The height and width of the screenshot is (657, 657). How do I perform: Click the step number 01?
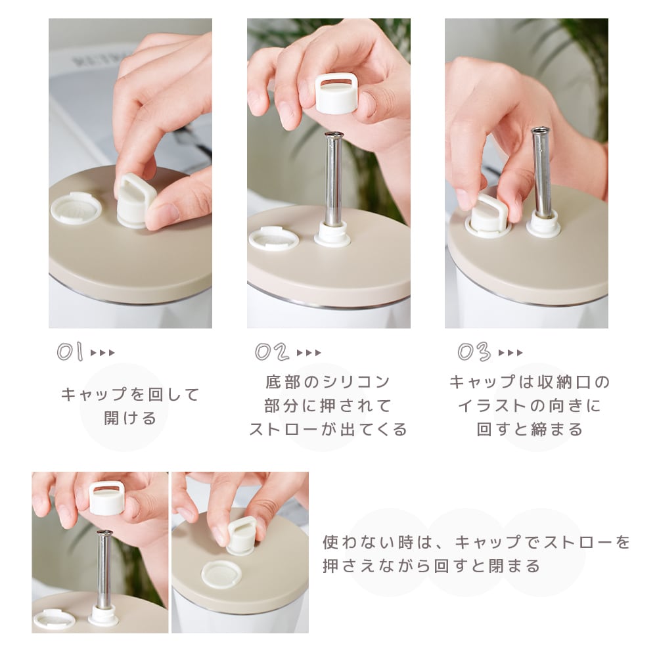click(x=70, y=351)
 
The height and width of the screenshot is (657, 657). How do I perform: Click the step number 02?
click(x=272, y=351)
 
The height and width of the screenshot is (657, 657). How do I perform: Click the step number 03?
click(x=474, y=351)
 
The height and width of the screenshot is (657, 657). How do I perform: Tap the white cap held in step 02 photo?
click(x=336, y=94)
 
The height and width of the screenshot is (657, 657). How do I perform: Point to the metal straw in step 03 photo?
click(x=541, y=172)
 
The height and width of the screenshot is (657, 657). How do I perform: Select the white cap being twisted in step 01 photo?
click(x=136, y=201)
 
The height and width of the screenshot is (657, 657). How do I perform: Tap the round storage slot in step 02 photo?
click(x=273, y=238)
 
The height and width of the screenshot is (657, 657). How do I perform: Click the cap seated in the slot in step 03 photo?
click(x=487, y=215)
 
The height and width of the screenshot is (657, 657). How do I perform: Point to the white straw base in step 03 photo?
click(x=543, y=224)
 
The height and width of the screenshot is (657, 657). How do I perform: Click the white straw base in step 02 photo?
click(x=332, y=235)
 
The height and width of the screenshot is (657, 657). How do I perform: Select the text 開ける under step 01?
click(x=130, y=418)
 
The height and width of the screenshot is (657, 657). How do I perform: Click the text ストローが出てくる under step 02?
click(x=328, y=430)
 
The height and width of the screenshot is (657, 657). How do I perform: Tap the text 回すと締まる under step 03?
click(x=530, y=430)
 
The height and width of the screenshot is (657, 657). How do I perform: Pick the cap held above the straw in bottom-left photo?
click(x=106, y=499)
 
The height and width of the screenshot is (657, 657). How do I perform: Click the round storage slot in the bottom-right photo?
click(x=221, y=574)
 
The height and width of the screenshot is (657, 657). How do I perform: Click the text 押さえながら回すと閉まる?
click(x=432, y=566)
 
